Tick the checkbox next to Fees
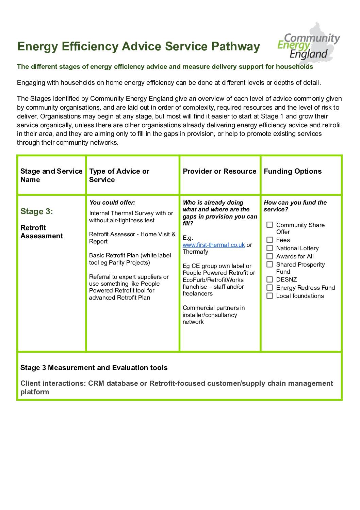(x=269, y=240)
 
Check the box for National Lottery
(x=269, y=248)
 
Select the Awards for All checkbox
(x=269, y=256)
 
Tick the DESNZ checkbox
(x=269, y=280)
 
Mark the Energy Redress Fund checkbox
(x=269, y=288)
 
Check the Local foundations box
(x=269, y=296)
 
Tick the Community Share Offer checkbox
(x=269, y=225)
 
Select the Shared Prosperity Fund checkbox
(x=269, y=265)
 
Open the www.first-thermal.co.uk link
(x=214, y=245)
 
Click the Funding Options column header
(x=293, y=171)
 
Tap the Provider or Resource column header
(x=219, y=171)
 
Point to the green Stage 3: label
(x=37, y=211)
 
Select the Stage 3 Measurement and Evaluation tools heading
(x=94, y=368)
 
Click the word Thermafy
(x=195, y=252)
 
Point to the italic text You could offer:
(x=112, y=203)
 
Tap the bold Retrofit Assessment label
(x=42, y=232)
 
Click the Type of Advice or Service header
(x=119, y=175)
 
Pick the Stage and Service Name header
(x=51, y=175)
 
